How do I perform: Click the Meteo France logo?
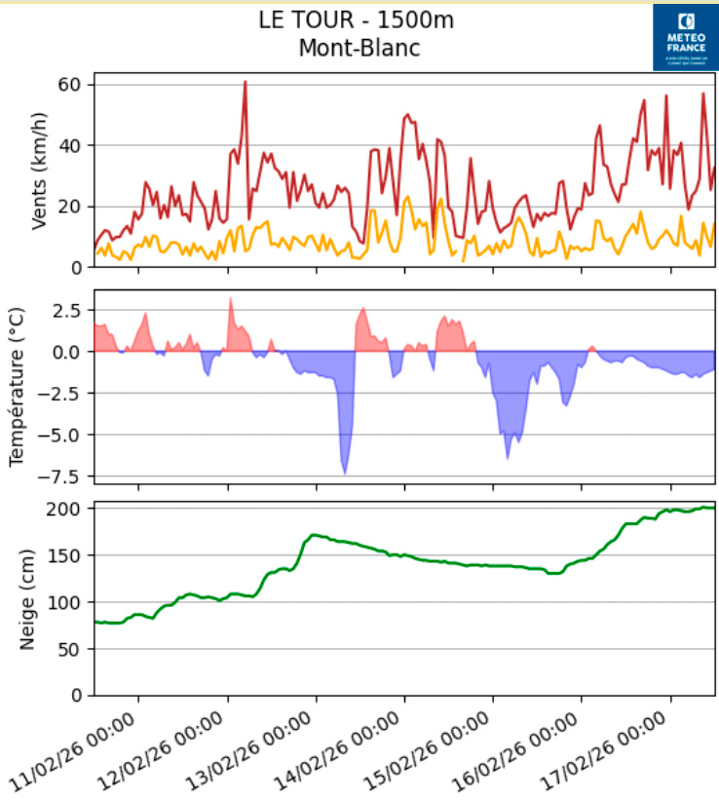tap(685, 37)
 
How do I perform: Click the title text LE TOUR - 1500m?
tap(357, 19)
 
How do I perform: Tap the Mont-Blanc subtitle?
tap(359, 47)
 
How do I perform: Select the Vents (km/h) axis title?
tap(39, 170)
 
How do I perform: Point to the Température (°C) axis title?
tap(18, 385)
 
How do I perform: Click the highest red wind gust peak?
tap(245, 82)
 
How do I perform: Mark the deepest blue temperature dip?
tap(345, 473)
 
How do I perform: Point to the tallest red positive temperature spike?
tap(230, 299)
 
